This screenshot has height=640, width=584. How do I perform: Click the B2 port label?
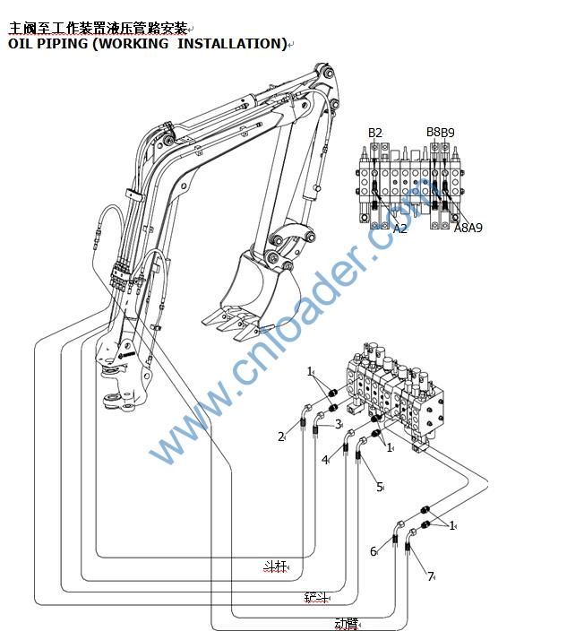coord(375,134)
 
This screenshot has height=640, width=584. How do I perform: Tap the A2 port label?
coord(400,229)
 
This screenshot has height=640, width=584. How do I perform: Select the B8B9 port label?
coord(440,133)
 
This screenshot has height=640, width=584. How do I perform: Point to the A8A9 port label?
coord(468,228)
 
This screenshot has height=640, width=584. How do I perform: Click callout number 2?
coord(280,437)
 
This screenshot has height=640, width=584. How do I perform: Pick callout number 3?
coord(339,424)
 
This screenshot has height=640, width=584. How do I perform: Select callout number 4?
coord(325,460)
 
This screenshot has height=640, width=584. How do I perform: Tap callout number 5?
coord(380,487)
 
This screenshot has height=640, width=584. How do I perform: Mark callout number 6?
coord(374,551)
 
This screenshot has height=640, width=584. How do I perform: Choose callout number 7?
coord(430,576)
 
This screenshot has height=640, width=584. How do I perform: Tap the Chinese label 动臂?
coord(346,623)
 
